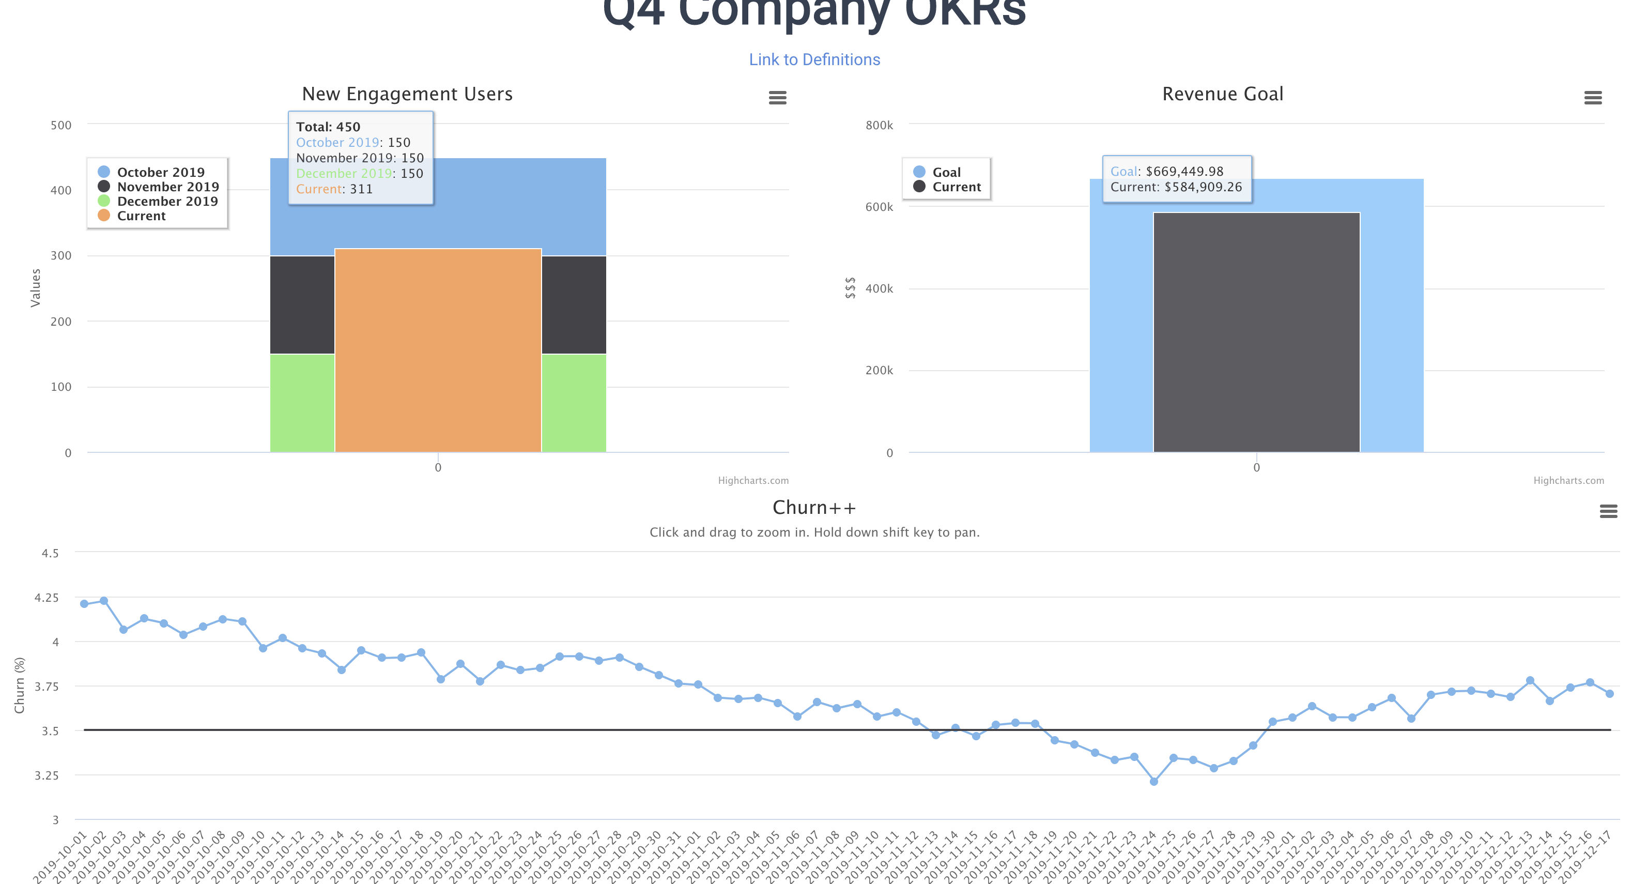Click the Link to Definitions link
point(814,59)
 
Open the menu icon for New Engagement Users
point(777,98)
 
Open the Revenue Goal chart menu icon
point(1593,98)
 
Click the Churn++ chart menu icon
point(1608,511)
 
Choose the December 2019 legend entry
point(167,202)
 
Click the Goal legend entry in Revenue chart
point(946,172)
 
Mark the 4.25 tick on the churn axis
point(46,598)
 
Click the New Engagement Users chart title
point(407,94)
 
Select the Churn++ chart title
point(814,508)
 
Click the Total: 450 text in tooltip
point(328,127)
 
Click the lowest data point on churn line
point(1153,781)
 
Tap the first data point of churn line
point(84,603)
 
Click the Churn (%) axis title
point(20,685)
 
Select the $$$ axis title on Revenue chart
point(850,288)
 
